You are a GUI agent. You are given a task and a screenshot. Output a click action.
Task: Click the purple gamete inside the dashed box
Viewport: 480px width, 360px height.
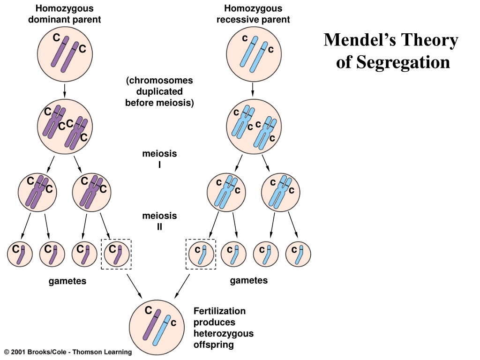click(x=116, y=254)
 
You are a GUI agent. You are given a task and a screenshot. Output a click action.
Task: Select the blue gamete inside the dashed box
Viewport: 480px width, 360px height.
click(x=201, y=254)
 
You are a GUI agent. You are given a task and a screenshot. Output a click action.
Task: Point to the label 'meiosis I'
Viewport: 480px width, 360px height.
click(x=159, y=159)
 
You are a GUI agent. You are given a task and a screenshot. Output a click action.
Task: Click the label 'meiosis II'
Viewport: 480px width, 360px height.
click(x=159, y=221)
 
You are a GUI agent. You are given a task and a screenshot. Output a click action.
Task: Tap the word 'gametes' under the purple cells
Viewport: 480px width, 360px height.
click(x=67, y=281)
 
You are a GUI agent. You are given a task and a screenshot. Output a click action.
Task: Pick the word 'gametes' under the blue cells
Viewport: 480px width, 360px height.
click(x=248, y=280)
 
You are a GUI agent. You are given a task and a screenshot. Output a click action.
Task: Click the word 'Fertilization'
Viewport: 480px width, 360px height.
click(x=219, y=311)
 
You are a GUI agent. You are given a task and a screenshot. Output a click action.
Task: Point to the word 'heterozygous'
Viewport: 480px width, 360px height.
click(x=224, y=333)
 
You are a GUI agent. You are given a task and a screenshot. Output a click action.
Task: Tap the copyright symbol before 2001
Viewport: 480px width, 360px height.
click(x=7, y=352)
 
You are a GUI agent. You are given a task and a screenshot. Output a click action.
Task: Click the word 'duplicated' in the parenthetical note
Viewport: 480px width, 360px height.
click(x=159, y=91)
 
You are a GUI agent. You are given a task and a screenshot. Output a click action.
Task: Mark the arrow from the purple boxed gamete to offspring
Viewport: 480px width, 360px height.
click(x=135, y=286)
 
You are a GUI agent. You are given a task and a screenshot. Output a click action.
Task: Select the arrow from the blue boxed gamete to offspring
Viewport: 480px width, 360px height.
click(x=182, y=286)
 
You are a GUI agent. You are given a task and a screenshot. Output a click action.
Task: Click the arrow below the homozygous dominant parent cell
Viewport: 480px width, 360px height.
click(x=65, y=90)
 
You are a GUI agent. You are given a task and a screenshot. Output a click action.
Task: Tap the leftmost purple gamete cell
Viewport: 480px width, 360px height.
click(x=20, y=254)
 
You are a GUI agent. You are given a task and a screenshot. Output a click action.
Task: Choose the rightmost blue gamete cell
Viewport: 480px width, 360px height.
click(x=298, y=254)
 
